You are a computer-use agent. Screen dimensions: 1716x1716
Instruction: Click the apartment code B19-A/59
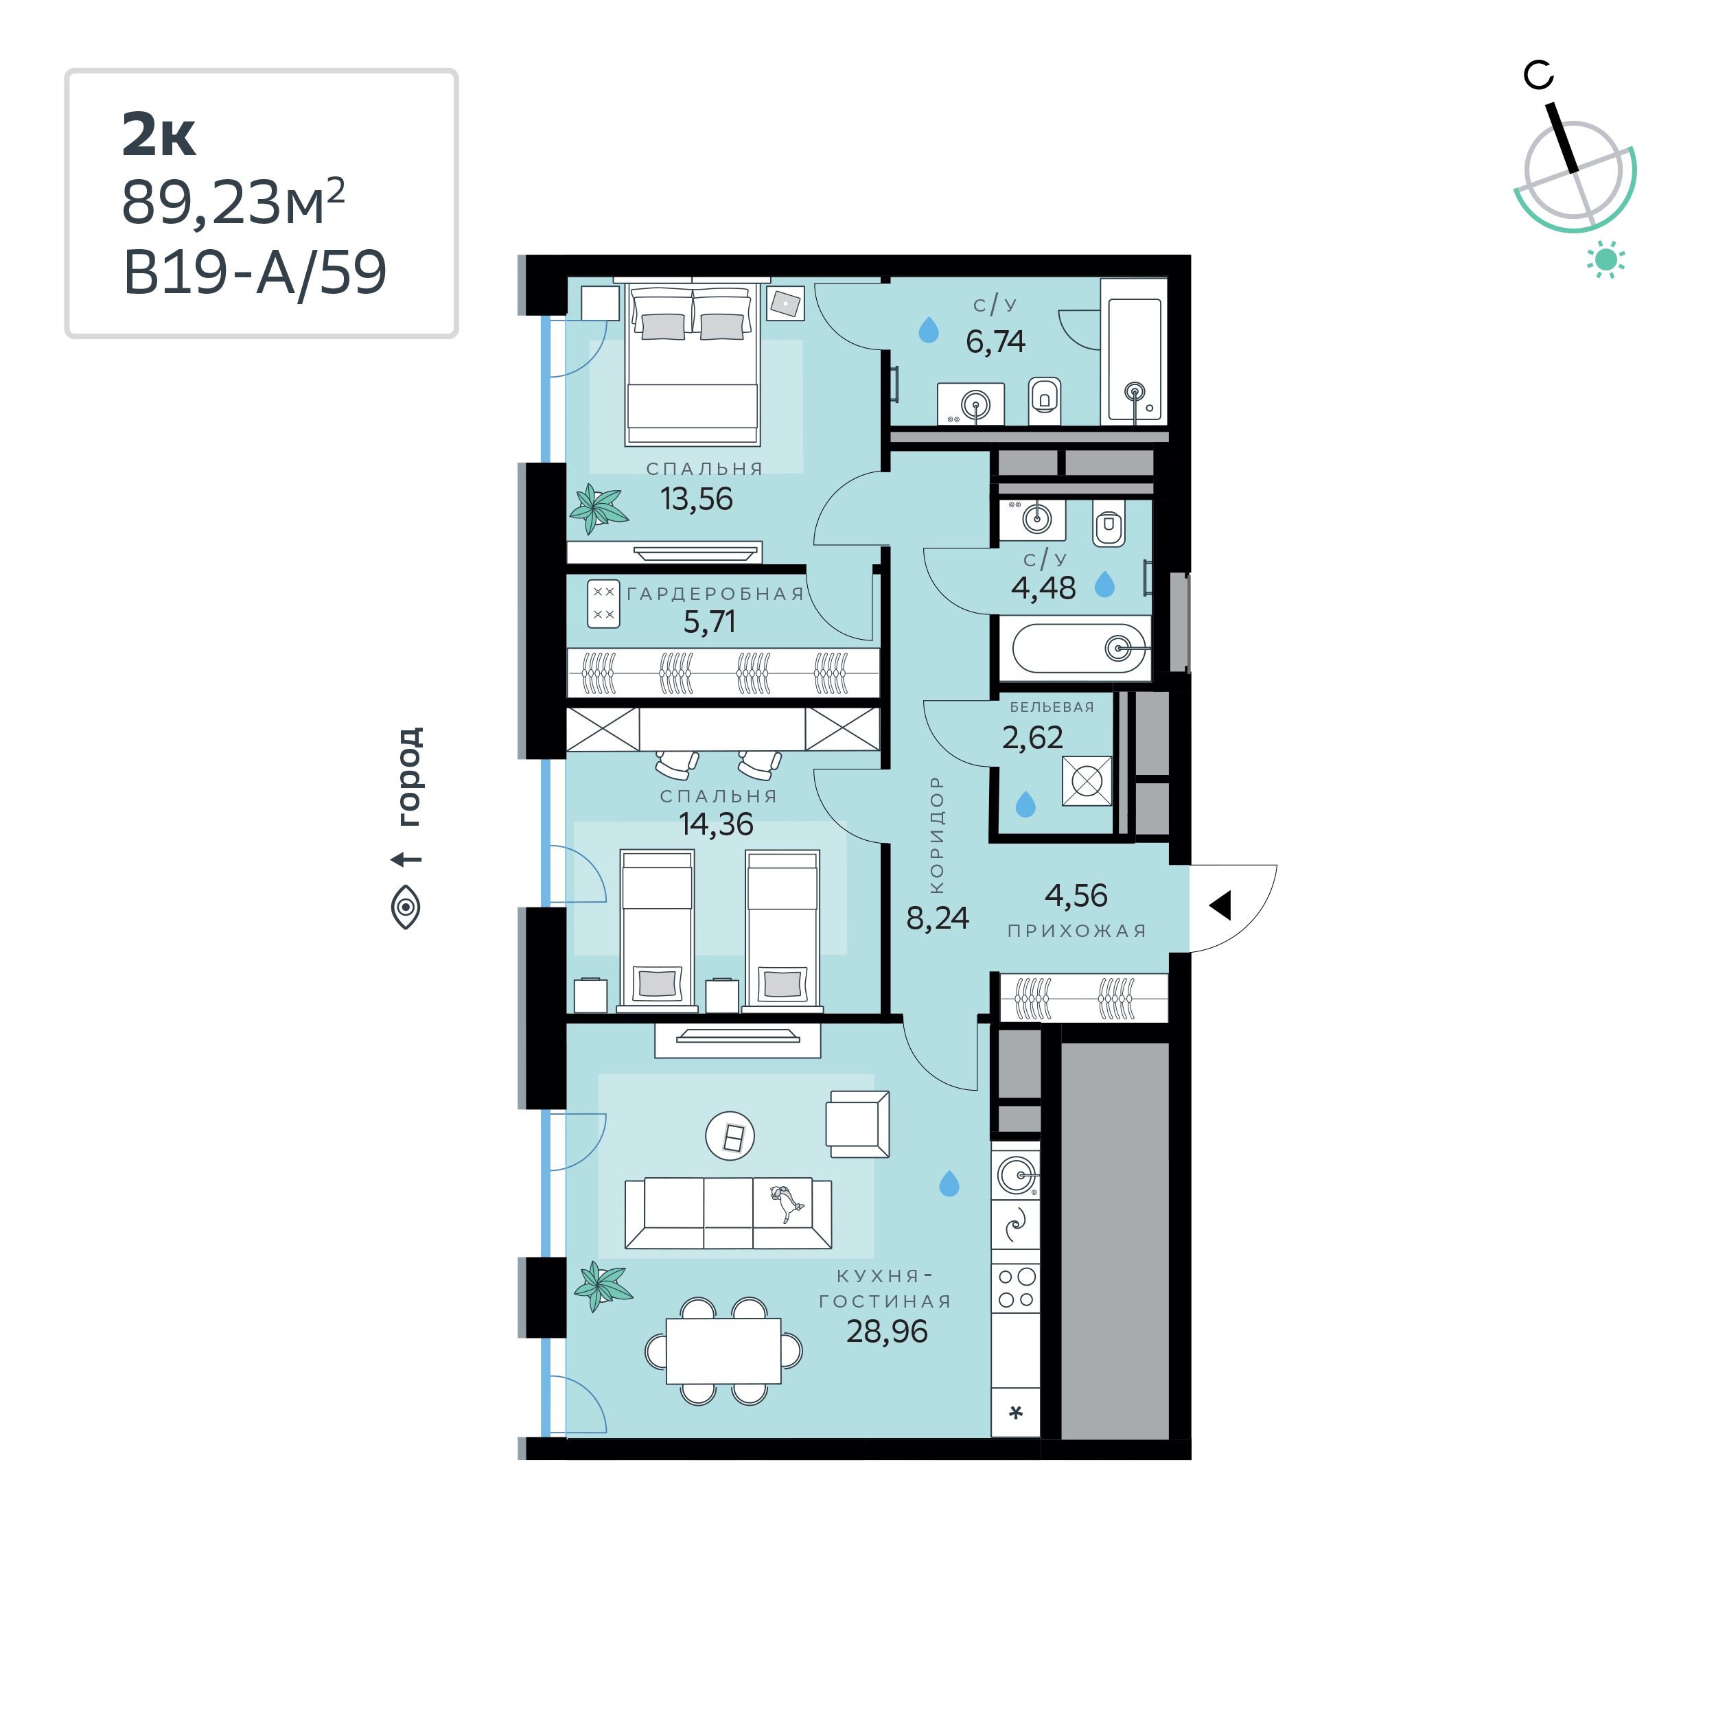click(x=255, y=272)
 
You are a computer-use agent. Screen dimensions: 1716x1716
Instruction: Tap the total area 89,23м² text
click(x=233, y=202)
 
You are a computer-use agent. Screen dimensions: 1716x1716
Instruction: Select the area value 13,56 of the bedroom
click(x=696, y=499)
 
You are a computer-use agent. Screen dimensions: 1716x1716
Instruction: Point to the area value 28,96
click(x=886, y=1332)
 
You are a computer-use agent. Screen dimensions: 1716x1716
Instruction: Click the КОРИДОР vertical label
click(x=936, y=835)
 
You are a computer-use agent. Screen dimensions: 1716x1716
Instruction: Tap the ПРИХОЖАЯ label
click(x=1076, y=931)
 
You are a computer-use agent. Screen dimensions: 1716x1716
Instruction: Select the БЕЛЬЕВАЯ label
click(x=1052, y=707)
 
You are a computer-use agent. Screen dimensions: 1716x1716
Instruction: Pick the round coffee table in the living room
click(x=730, y=1137)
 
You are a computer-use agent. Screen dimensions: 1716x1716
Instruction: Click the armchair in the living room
click(x=858, y=1124)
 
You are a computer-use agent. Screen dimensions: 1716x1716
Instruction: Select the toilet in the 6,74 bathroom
click(x=1045, y=401)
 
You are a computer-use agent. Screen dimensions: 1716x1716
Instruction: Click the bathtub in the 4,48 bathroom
click(x=1079, y=649)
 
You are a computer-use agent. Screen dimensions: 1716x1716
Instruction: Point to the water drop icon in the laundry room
click(x=1026, y=804)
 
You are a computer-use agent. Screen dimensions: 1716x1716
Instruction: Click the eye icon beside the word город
click(x=406, y=907)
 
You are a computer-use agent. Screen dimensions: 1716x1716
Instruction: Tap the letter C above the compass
click(x=1538, y=76)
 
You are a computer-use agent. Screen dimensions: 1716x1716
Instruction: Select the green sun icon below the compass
click(x=1606, y=259)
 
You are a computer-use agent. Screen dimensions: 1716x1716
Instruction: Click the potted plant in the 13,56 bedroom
click(x=599, y=509)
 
